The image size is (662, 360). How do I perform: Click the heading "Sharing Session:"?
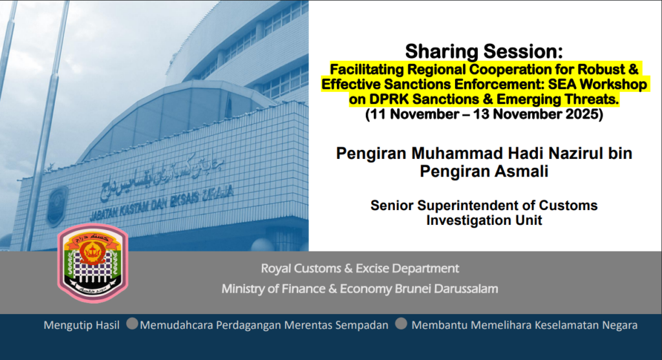coord(484,52)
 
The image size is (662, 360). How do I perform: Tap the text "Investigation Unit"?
coord(484,220)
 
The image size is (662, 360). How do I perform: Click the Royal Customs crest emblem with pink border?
coord(93,263)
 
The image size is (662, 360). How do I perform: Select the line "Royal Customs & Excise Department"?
coord(359,268)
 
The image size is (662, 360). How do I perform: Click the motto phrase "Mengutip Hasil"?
coord(81,325)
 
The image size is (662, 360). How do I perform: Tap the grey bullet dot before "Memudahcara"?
coord(132,324)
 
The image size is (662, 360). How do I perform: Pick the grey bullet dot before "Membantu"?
coord(401,324)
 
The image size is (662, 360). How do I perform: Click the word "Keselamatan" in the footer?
coord(562,325)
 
